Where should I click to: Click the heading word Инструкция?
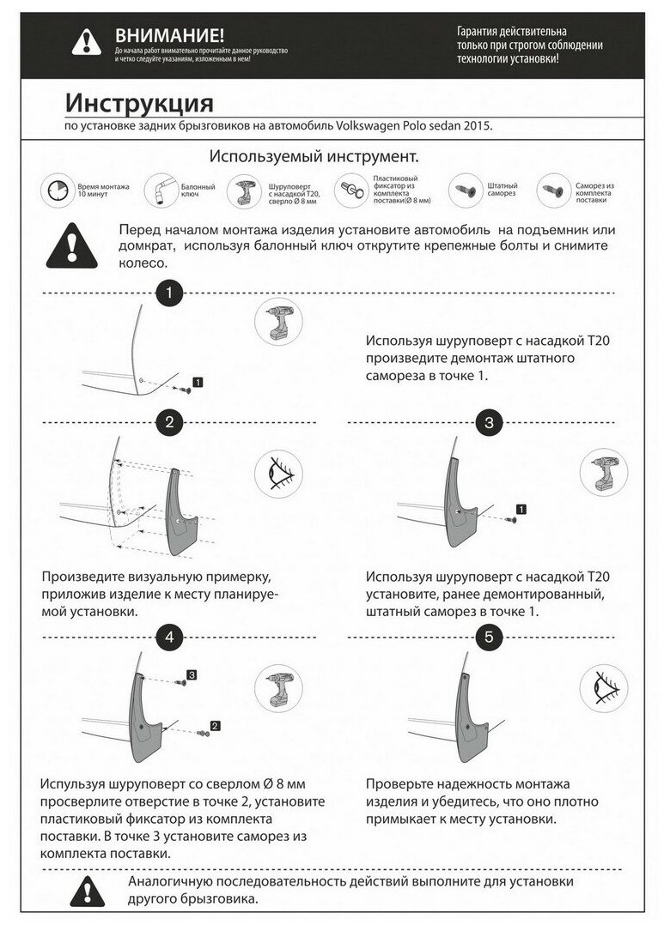click(139, 104)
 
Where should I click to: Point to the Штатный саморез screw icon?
click(465, 190)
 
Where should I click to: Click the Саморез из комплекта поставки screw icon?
click(552, 190)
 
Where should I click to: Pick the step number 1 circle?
click(169, 293)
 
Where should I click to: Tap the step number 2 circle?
click(169, 421)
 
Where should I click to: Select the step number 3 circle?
click(489, 421)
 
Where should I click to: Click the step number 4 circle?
click(169, 636)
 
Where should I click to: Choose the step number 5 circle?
click(489, 636)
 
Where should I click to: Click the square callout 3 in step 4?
click(192, 675)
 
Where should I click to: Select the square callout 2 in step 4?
click(215, 726)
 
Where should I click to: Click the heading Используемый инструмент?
click(314, 158)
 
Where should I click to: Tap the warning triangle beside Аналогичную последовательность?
click(88, 892)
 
